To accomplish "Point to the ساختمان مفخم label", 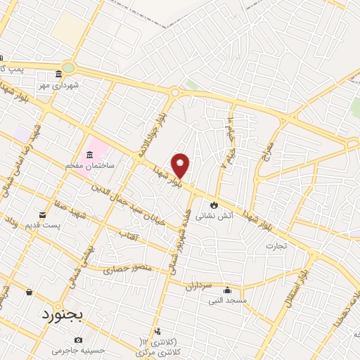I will pyautogui.click(x=91, y=166).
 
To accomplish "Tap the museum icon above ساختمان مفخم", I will pyautogui.click(x=90, y=155).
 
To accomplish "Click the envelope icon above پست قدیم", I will pyautogui.click(x=42, y=214).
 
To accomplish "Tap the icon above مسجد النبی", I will pyautogui.click(x=226, y=290).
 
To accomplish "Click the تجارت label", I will pyautogui.click(x=276, y=246).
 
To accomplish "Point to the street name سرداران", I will pyautogui.click(x=199, y=286).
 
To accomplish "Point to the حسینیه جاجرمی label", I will pyautogui.click(x=77, y=349).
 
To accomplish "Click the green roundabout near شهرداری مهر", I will pyautogui.click(x=67, y=67).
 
